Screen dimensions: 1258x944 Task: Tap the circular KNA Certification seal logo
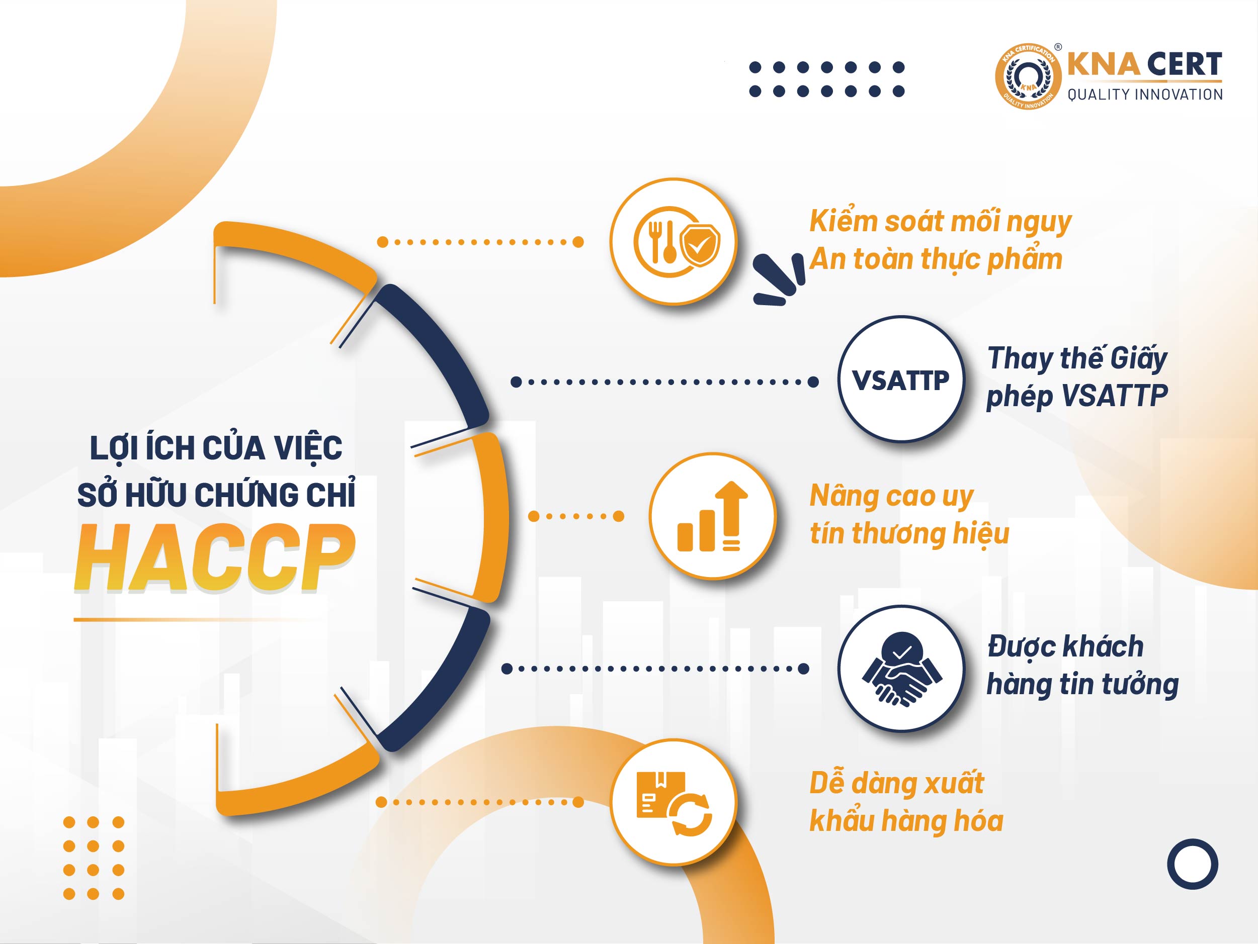(x=1028, y=77)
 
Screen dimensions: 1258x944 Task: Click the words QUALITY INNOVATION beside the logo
(x=1145, y=95)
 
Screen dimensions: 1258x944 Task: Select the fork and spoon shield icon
(x=677, y=242)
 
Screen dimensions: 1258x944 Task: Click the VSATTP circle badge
(x=901, y=379)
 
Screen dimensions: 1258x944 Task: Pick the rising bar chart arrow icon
(x=713, y=516)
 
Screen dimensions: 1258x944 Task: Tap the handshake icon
(x=902, y=669)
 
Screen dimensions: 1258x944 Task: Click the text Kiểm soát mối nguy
(x=940, y=222)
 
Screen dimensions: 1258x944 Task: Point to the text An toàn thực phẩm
(x=936, y=260)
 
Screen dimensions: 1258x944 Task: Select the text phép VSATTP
(x=1076, y=396)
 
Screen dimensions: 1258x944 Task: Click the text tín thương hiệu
(x=909, y=534)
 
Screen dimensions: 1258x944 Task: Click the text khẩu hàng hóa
(x=906, y=821)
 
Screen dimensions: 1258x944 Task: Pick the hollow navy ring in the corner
(x=1192, y=865)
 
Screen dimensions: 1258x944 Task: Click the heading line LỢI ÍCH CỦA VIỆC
(x=216, y=448)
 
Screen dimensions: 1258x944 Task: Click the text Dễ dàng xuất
(x=896, y=783)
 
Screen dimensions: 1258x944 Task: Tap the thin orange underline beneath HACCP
(x=196, y=619)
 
